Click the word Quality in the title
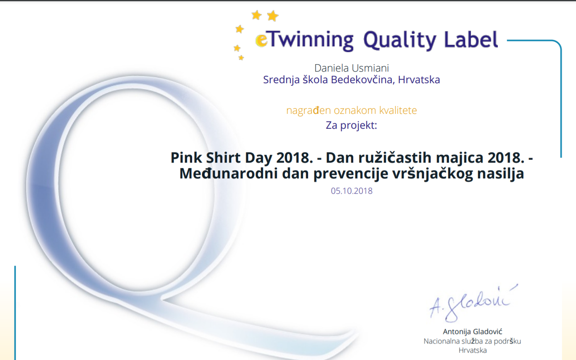400,40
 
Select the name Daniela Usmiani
352,68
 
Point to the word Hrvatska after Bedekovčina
419,80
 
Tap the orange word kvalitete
398,110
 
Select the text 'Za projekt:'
351,125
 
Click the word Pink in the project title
186,157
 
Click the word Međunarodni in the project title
229,173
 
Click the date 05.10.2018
352,191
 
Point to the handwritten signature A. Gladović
474,303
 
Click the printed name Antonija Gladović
472,331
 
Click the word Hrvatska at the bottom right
472,350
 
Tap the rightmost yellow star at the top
273,16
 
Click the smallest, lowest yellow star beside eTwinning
241,58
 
